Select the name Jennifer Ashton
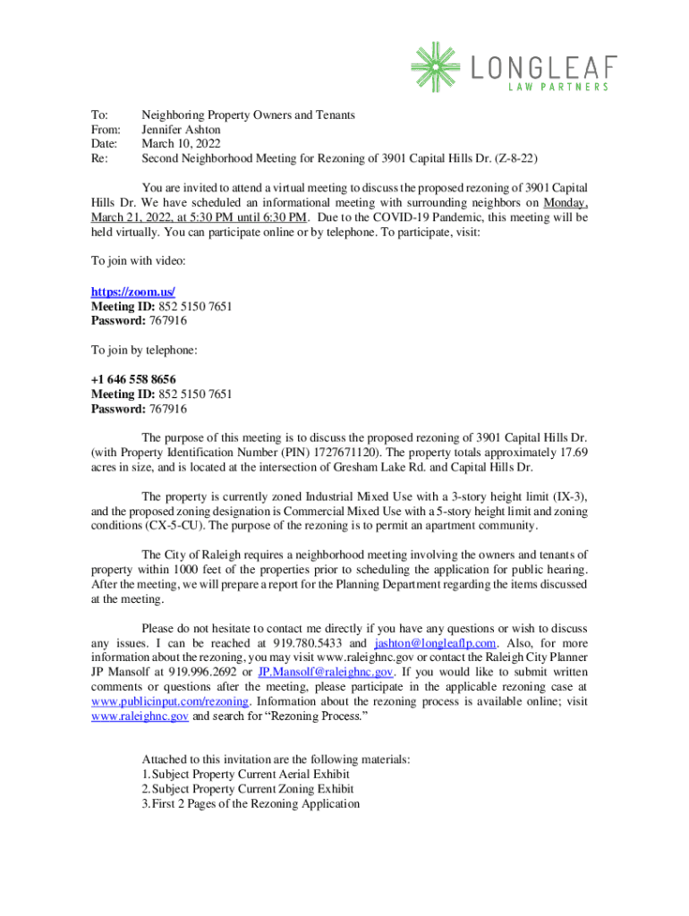point(182,129)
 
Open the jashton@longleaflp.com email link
point(435,643)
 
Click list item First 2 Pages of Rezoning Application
point(256,803)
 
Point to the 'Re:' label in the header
point(99,157)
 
